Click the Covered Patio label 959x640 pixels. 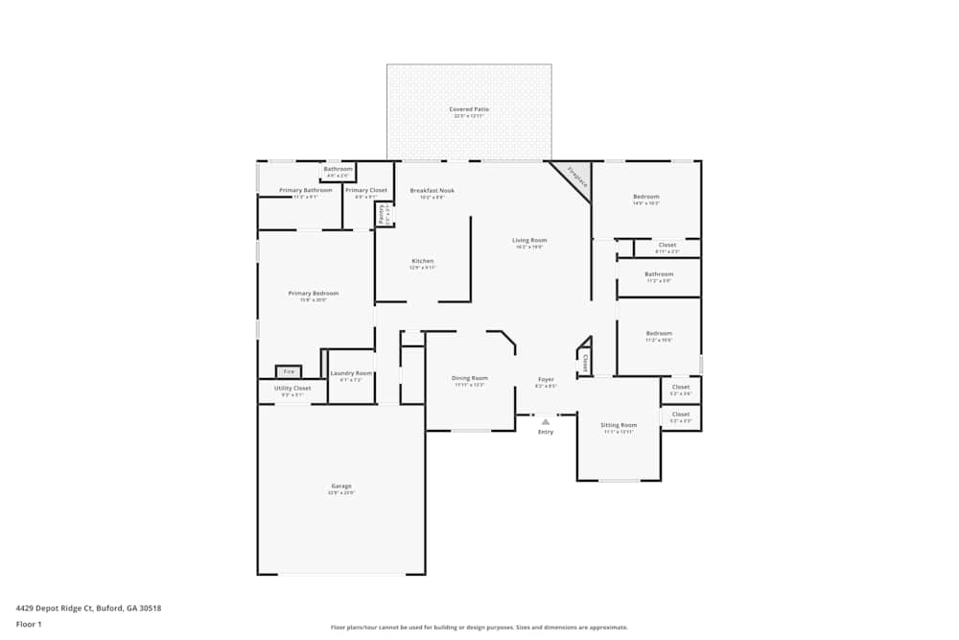469,109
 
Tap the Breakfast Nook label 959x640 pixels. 433,190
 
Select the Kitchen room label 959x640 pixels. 423,261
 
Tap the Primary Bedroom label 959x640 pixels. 314,294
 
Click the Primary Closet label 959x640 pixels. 366,190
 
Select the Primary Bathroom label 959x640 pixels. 306,190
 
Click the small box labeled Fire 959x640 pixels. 289,371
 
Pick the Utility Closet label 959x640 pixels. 292,389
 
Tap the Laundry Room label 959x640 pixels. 351,373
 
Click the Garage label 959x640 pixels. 341,486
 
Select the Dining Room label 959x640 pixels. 470,378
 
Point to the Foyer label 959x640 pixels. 546,379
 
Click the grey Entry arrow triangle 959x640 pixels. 546,421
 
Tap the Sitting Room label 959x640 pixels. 619,425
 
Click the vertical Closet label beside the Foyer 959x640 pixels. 585,361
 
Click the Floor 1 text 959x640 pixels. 29,625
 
